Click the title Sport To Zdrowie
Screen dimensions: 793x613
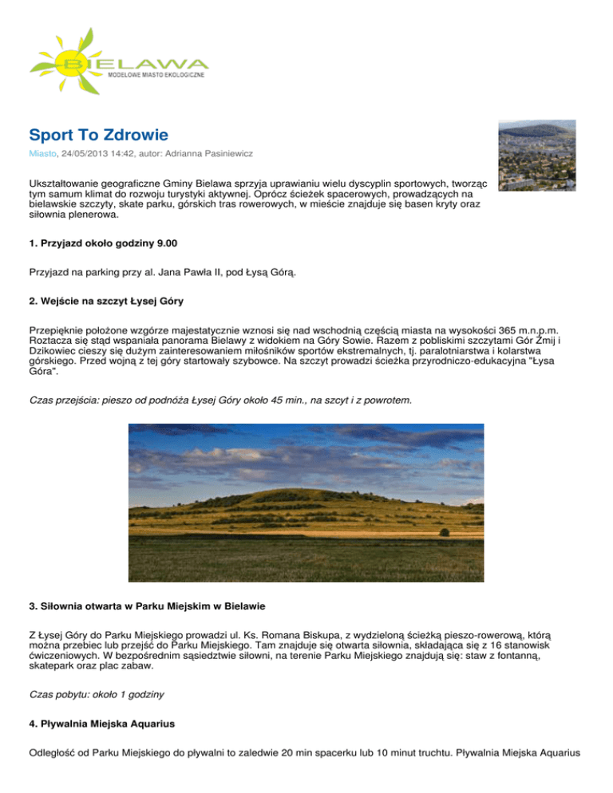[98, 134]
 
